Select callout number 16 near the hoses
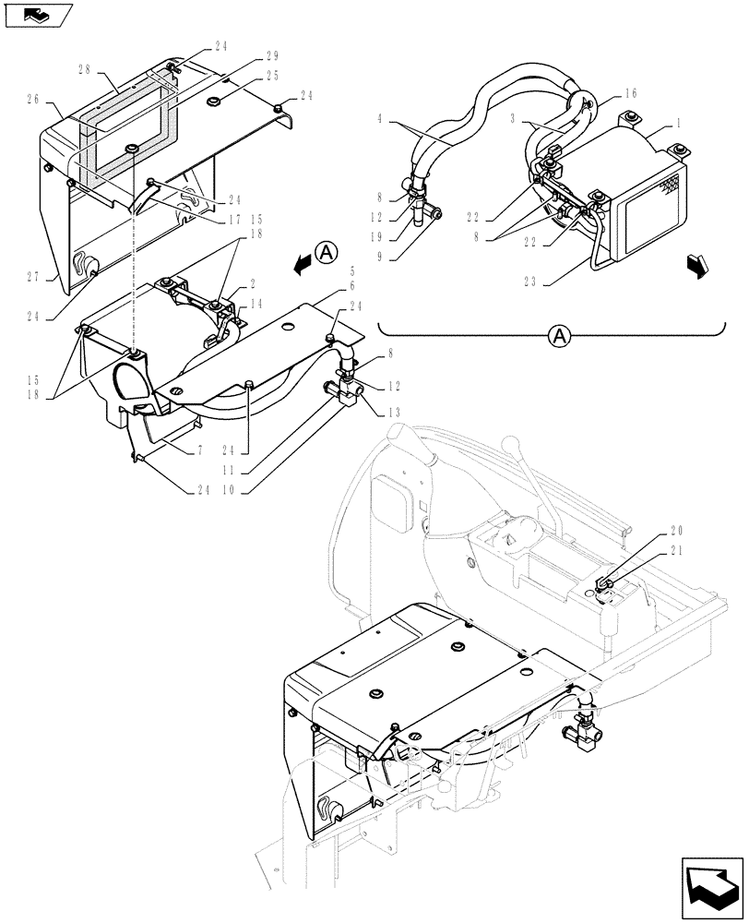(x=630, y=93)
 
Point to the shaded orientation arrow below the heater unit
(x=698, y=265)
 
